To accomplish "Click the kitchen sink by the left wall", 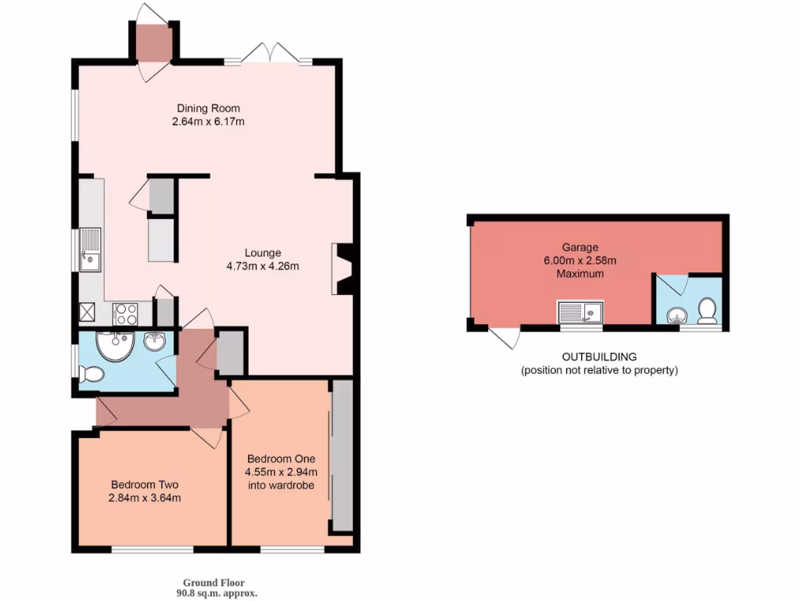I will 91,249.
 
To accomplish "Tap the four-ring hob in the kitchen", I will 126,314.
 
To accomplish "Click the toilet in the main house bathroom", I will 90,375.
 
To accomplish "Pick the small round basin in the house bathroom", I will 153,342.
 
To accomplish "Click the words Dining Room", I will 208,108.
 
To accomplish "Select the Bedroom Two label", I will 145,484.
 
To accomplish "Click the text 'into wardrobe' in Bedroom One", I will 282,485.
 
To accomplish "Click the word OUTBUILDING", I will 599,357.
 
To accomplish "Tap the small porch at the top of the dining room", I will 152,42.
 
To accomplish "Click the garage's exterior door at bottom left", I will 505,337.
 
